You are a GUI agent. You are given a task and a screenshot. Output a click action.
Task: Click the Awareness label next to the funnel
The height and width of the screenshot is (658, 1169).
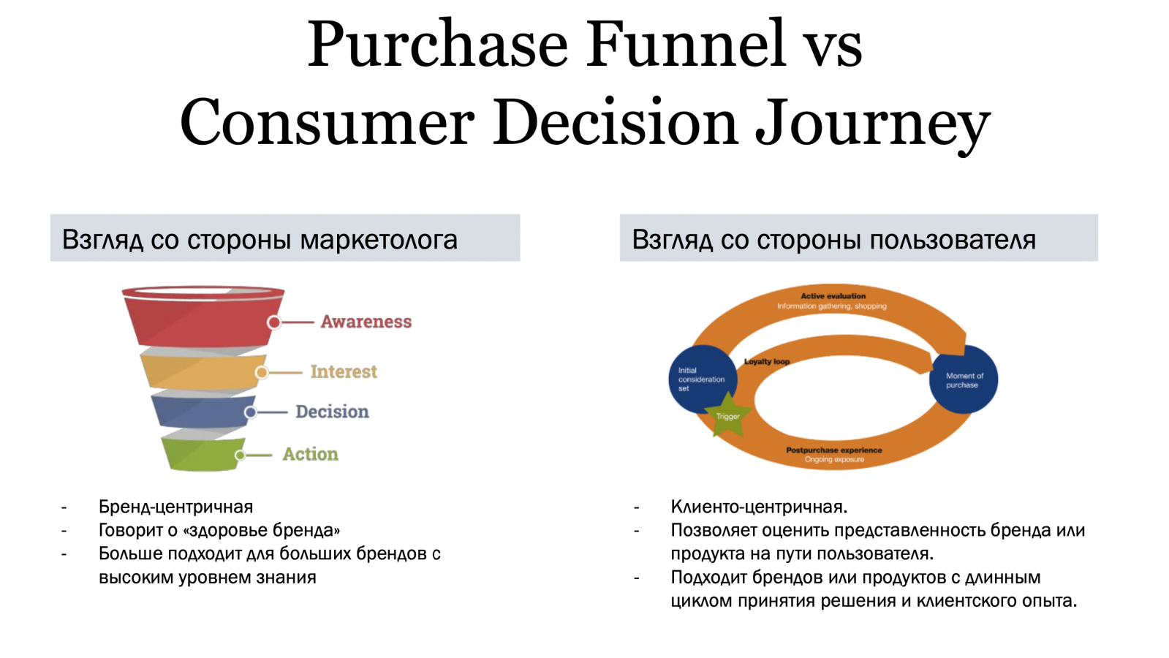pyautogui.click(x=366, y=322)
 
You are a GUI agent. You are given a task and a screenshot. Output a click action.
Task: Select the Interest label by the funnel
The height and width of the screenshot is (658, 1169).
pyautogui.click(x=344, y=371)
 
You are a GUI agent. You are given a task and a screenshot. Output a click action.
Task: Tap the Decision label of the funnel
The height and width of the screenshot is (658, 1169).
pyautogui.click(x=332, y=412)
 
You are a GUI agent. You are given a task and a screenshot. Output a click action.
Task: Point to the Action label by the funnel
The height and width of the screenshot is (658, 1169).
pyautogui.click(x=310, y=454)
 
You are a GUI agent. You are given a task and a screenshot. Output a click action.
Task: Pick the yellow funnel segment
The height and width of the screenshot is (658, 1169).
pyautogui.click(x=203, y=371)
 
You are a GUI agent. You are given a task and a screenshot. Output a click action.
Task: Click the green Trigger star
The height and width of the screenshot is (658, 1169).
pyautogui.click(x=727, y=416)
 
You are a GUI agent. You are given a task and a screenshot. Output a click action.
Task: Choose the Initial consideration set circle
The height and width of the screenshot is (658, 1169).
pyautogui.click(x=703, y=379)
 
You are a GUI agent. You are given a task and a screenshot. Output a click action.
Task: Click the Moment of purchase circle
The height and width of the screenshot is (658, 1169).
pyautogui.click(x=964, y=379)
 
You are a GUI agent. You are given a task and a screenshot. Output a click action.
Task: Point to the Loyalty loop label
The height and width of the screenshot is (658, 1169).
pyautogui.click(x=767, y=362)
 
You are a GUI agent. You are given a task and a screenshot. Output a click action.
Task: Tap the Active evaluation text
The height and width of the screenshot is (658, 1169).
pyautogui.click(x=833, y=296)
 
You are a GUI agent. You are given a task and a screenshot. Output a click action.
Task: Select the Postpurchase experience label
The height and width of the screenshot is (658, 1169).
pyautogui.click(x=834, y=450)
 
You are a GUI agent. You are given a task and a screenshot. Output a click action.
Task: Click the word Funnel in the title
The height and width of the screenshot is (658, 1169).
pyautogui.click(x=686, y=44)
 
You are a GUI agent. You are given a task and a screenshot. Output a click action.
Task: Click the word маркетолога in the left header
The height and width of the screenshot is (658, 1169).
pyautogui.click(x=379, y=241)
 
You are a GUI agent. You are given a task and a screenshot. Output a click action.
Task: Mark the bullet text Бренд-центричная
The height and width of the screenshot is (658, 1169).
pyautogui.click(x=176, y=507)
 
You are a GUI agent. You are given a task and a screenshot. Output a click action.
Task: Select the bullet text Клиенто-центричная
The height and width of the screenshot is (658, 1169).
pyautogui.click(x=760, y=507)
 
